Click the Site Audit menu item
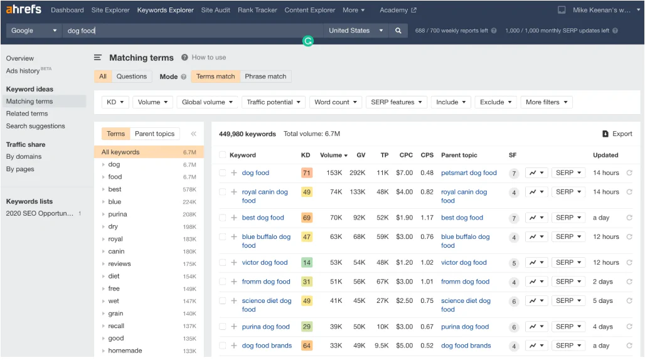point(215,10)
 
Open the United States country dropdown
point(354,30)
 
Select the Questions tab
point(131,77)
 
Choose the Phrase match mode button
point(265,77)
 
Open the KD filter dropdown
point(115,102)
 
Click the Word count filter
point(336,102)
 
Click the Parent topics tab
point(154,134)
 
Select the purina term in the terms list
point(117,214)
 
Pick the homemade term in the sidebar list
point(125,351)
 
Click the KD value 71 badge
point(306,173)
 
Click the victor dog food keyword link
point(265,263)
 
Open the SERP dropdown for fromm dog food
point(568,282)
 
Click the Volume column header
point(333,155)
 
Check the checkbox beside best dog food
point(222,218)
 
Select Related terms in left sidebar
point(27,114)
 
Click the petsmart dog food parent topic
point(469,173)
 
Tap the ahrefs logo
point(23,9)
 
